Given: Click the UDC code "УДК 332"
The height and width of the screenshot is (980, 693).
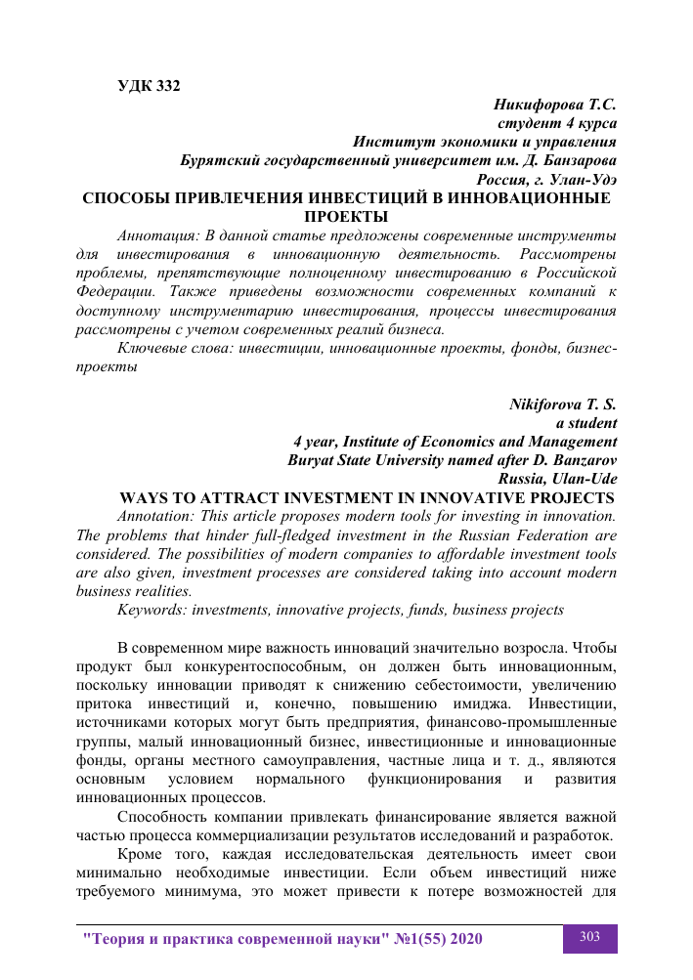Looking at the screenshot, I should pos(149,85).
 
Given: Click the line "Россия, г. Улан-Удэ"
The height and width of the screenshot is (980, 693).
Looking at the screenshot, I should pos(546,179).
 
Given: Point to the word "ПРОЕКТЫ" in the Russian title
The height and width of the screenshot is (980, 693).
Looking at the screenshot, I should pos(347,216).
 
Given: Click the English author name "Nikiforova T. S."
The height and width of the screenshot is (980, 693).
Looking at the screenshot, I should pos(563,405).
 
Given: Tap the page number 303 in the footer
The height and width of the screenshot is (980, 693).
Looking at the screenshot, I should pos(589,937).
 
